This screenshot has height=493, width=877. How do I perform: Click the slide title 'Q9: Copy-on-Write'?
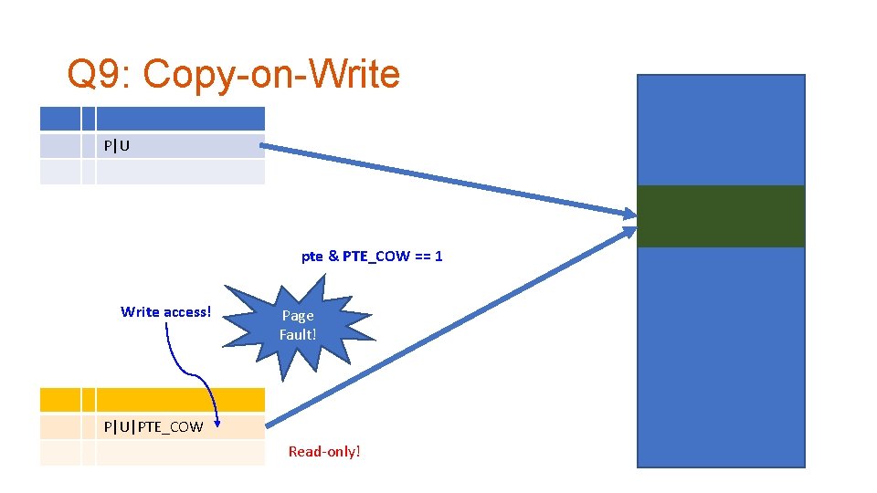pos(234,75)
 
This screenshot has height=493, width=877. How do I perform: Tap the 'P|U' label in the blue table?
pos(117,146)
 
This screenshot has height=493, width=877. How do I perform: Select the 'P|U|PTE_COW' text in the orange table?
pos(153,426)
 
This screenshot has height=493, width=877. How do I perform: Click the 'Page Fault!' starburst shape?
pos(298,325)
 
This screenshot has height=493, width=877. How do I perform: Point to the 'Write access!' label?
pos(165,312)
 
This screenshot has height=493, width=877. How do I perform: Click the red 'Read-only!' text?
pos(324,451)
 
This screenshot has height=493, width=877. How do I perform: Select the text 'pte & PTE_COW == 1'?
pos(372,256)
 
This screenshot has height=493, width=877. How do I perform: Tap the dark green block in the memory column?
pos(720,216)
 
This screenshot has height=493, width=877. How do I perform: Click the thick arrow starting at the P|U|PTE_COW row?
pos(448,329)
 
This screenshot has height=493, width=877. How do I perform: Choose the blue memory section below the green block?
pos(720,356)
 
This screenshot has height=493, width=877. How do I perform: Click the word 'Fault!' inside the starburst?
pos(298,334)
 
